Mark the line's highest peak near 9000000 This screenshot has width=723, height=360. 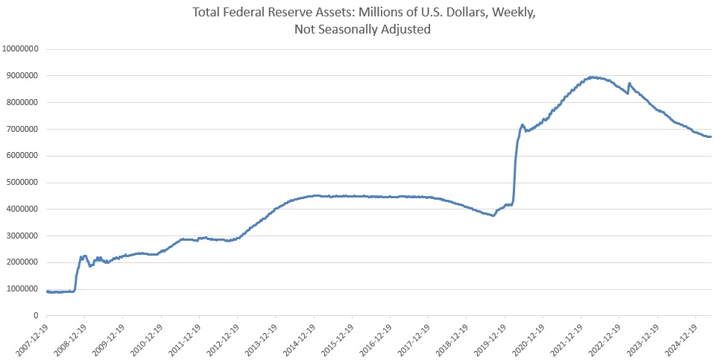(592, 77)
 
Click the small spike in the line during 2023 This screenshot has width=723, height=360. (630, 83)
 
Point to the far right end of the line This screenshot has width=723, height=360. (710, 136)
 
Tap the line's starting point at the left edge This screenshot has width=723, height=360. (47, 291)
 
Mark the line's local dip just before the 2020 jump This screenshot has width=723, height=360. (493, 215)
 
